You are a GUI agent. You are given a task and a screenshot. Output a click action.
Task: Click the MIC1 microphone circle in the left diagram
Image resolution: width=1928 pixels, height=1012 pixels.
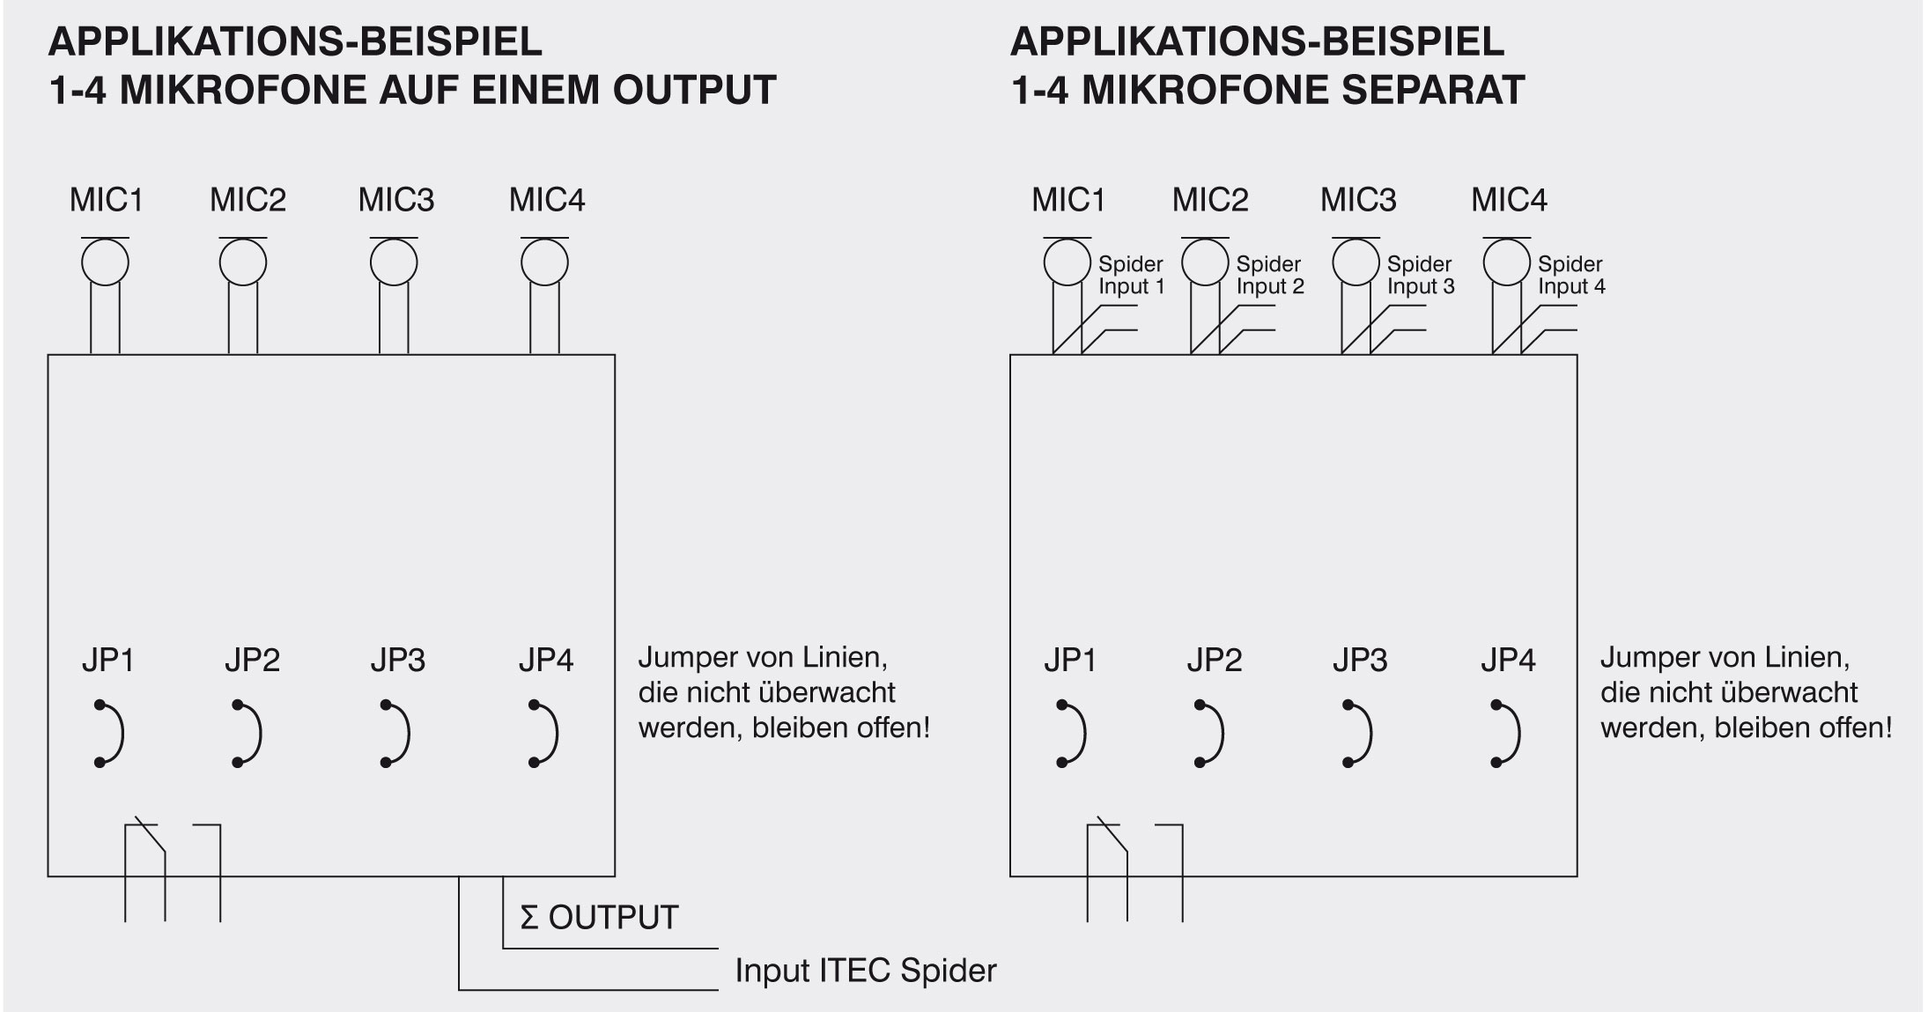tap(105, 262)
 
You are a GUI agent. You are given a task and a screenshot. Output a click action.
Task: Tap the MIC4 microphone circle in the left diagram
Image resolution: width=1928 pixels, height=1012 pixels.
tap(544, 262)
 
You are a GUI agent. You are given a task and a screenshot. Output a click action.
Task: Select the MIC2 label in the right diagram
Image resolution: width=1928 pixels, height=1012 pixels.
tap(1209, 201)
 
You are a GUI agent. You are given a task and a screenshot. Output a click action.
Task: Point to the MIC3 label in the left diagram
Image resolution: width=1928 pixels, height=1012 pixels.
tap(395, 201)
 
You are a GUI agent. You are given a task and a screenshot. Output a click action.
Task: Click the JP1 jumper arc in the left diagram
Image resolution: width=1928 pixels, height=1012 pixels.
tap(113, 734)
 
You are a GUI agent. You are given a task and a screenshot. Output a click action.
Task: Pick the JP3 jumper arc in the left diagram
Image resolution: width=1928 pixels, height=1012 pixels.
tap(398, 734)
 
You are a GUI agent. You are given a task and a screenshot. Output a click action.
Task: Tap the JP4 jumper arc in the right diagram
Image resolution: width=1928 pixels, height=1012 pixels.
tap(1510, 734)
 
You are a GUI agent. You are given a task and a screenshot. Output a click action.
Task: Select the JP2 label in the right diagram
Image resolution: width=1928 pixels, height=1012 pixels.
tap(1214, 660)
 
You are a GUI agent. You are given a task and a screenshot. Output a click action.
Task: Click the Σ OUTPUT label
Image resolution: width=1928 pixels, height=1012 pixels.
tap(599, 918)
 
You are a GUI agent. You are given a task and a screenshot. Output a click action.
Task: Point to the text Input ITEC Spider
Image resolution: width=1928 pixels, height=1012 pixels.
tap(865, 971)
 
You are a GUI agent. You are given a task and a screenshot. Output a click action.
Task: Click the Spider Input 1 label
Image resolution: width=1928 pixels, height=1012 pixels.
tap(1131, 275)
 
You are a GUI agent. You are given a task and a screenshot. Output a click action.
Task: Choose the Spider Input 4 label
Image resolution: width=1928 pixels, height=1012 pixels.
tap(1571, 275)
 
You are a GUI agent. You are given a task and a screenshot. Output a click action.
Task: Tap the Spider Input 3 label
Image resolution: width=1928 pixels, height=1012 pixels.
tap(1420, 275)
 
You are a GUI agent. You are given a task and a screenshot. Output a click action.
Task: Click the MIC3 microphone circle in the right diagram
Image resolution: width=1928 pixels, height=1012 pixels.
tap(1356, 262)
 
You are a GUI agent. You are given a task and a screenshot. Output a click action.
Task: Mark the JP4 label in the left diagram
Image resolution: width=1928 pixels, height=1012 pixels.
tap(545, 660)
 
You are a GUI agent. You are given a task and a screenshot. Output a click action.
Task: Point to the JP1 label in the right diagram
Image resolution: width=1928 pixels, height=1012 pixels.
tap(1069, 660)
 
